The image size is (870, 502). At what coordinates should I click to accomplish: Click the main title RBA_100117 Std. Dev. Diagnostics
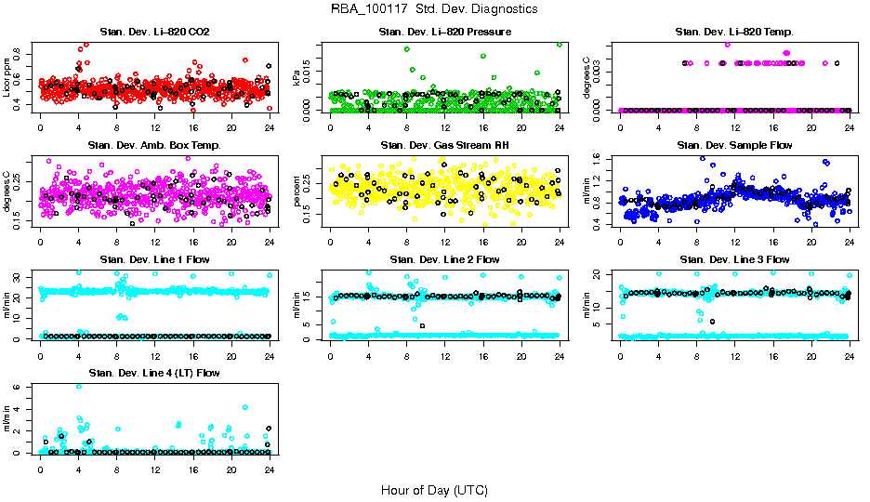click(434, 9)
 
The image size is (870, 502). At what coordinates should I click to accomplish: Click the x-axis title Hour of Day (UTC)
click(434, 490)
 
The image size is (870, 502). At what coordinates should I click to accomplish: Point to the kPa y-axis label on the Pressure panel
click(297, 80)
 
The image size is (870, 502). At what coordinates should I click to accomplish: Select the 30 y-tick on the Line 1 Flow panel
click(20, 277)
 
